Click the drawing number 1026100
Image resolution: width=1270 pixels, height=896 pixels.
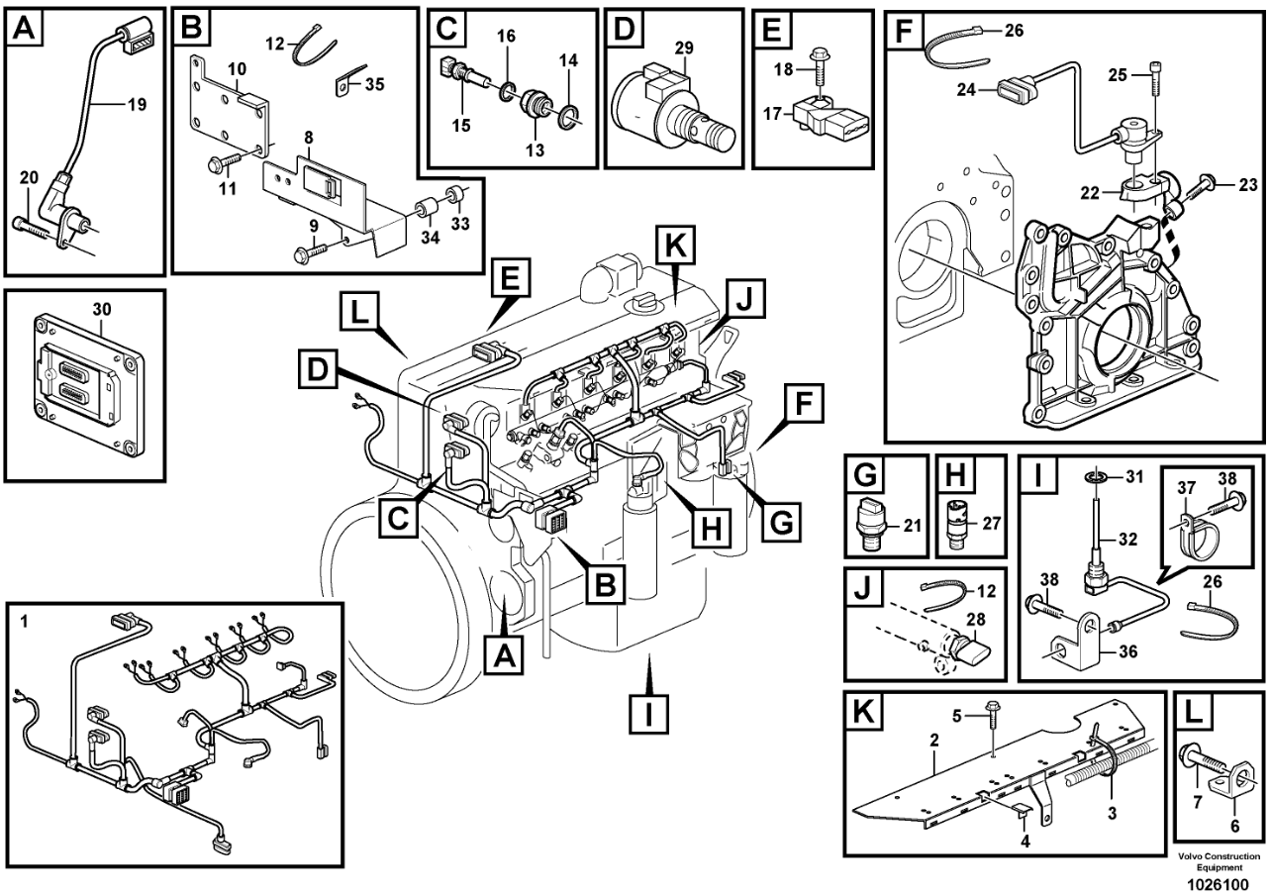[x=1218, y=885]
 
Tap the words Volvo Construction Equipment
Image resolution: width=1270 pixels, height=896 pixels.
[x=1219, y=862]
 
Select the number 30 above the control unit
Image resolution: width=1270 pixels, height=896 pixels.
[x=102, y=309]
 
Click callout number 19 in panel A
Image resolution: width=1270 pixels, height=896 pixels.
[x=137, y=104]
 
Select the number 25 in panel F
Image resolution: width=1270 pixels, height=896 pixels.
[x=1118, y=75]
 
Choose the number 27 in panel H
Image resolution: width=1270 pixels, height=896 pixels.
[x=992, y=523]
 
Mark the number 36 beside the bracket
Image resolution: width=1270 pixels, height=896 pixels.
[x=1127, y=651]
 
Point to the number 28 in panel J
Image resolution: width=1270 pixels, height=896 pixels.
[x=976, y=619]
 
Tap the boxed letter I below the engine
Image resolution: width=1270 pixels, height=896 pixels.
[x=648, y=715]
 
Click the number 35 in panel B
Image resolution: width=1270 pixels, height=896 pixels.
[x=374, y=84]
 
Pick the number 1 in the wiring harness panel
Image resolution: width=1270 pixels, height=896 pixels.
[x=23, y=622]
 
